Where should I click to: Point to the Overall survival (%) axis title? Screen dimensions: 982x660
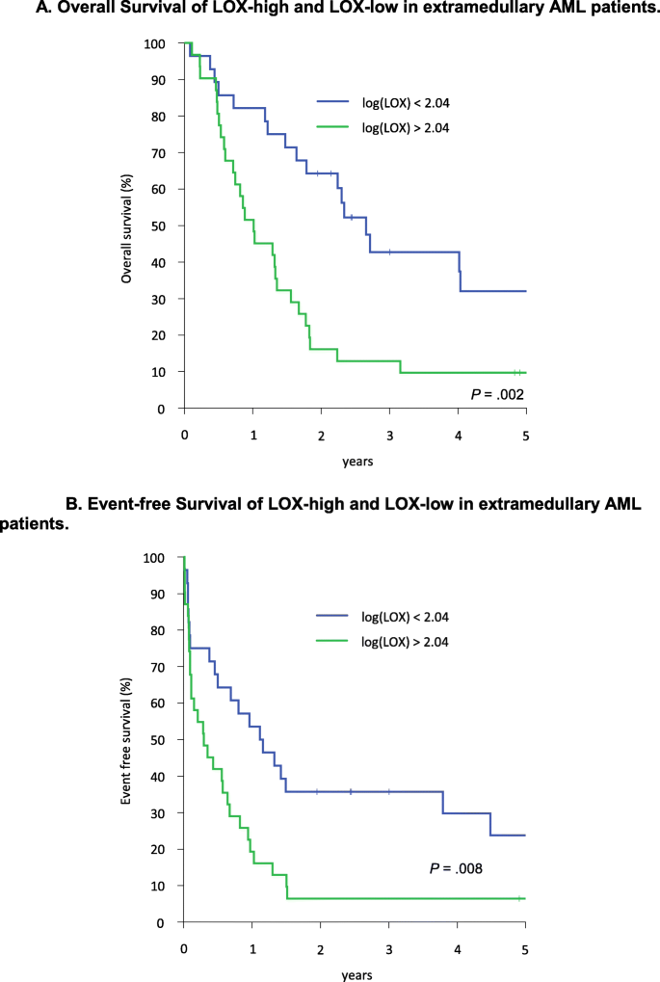coord(126,227)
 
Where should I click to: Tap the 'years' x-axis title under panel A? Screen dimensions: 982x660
coord(356,461)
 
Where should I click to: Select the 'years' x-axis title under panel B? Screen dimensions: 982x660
coord(356,975)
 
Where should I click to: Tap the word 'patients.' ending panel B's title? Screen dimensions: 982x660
coord(35,524)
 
